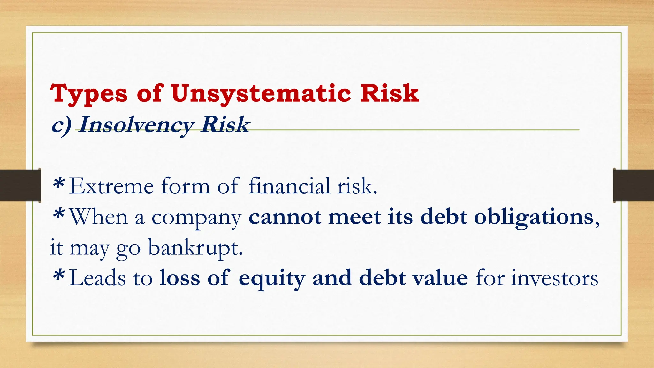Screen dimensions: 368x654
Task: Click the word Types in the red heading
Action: (x=89, y=94)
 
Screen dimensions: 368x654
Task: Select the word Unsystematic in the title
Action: (x=260, y=94)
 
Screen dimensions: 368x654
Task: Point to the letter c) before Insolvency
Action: (x=61, y=125)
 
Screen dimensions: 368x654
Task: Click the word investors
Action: (x=554, y=278)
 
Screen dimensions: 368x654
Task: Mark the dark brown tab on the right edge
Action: (x=634, y=185)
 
